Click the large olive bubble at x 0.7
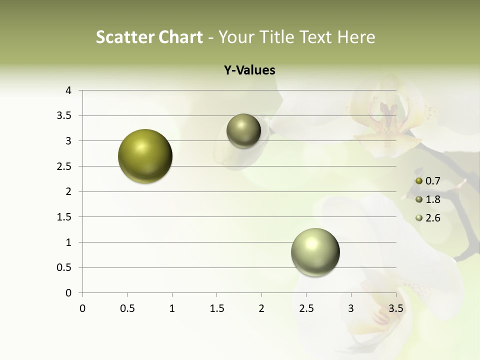click(x=145, y=156)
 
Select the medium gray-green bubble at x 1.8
click(x=243, y=130)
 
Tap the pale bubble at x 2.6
click(x=315, y=252)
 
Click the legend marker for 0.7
click(x=419, y=181)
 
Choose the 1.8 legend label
click(x=432, y=199)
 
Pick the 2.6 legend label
click(x=432, y=218)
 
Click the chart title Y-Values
click(x=249, y=70)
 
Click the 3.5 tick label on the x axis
click(x=395, y=308)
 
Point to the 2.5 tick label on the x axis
click(x=306, y=308)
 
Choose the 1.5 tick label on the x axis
click(x=216, y=308)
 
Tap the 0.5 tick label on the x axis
click(x=127, y=308)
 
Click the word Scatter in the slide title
click(x=124, y=37)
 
